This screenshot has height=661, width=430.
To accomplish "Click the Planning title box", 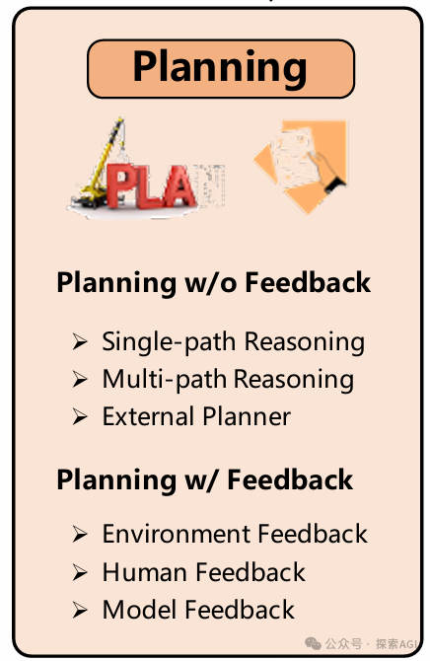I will click(220, 68).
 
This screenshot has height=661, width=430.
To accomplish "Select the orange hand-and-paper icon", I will click(300, 165).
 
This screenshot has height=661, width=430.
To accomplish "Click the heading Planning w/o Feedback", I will click(213, 282).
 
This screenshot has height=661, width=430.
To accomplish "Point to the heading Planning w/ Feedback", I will click(204, 479).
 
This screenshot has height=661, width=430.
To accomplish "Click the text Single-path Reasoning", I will click(233, 342).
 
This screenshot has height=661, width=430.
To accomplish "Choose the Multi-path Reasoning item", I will click(228, 379).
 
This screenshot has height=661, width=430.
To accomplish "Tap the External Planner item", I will click(196, 416).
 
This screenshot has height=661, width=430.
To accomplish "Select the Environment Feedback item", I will click(235, 535).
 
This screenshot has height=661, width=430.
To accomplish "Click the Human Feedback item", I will click(204, 572).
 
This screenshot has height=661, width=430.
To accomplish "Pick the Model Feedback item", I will click(198, 610).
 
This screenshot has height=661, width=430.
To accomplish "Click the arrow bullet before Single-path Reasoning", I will click(80, 342).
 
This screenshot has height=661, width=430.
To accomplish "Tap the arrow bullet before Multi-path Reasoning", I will click(80, 380).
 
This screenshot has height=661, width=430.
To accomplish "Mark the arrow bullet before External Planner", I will click(80, 417).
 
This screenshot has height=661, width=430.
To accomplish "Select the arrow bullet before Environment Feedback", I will click(80, 535).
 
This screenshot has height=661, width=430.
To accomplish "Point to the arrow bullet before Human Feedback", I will click(80, 572).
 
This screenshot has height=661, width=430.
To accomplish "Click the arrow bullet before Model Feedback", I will click(80, 610).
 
